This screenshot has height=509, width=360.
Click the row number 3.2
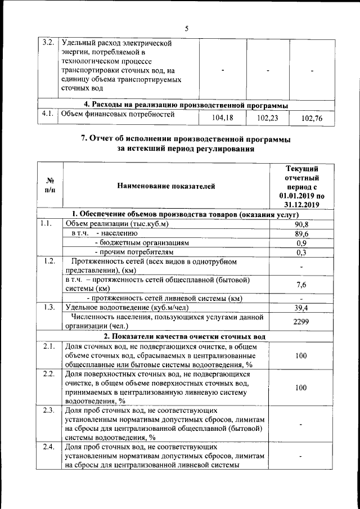coord(48,43)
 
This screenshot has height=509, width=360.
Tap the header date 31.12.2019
coord(301,205)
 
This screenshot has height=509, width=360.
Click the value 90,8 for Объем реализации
coord(301,224)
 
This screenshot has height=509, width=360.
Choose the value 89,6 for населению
coord(301,233)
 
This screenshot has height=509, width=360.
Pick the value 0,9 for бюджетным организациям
coord(301,243)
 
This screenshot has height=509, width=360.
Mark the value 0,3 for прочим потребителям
coord(301,253)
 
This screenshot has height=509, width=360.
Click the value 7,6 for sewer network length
coord(301,285)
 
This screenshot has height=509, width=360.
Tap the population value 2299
coord(301,321)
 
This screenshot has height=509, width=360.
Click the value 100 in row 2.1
coord(301,355)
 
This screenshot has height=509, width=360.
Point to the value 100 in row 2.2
coord(301,388)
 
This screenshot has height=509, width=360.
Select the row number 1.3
coord(48,307)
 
